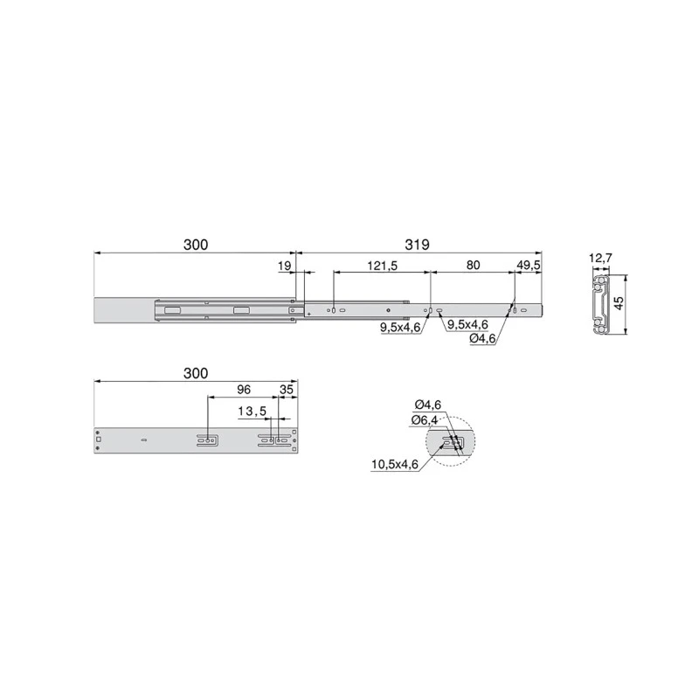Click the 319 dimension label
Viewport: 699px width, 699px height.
(x=417, y=246)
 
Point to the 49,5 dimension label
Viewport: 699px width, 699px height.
(x=529, y=265)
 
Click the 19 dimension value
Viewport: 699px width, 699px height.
(x=284, y=265)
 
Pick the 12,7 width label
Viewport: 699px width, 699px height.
(x=602, y=258)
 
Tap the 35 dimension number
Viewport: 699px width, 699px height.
(x=287, y=390)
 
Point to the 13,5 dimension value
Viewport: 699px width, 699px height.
(x=253, y=412)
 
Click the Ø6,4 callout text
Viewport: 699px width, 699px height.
(x=426, y=420)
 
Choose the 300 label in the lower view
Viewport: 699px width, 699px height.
(x=196, y=373)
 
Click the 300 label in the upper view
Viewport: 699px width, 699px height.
(x=196, y=246)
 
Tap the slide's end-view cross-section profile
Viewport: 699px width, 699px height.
(x=599, y=304)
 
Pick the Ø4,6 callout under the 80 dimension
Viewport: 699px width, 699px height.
(x=482, y=338)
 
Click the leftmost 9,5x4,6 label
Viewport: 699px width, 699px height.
(x=400, y=327)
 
